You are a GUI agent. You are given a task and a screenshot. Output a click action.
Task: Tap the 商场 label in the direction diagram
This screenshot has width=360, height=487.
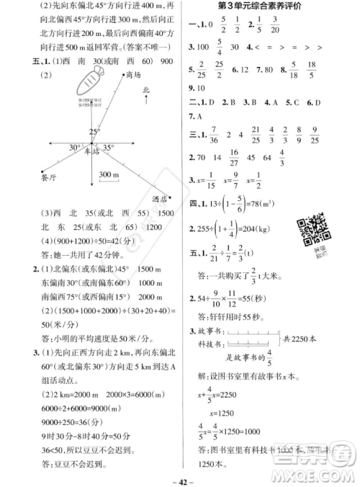[132, 74]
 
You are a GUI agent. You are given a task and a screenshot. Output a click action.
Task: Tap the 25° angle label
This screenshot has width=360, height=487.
[94, 132]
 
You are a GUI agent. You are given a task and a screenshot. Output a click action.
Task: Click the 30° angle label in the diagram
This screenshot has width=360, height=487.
[74, 148]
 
